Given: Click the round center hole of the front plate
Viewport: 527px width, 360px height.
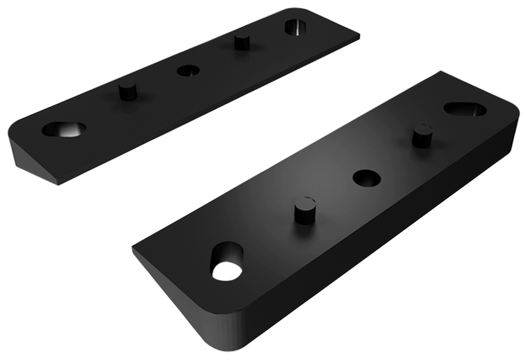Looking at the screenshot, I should point(367,177).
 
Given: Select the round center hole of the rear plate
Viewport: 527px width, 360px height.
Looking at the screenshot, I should point(188,71).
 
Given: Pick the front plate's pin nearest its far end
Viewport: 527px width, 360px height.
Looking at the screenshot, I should point(421,135).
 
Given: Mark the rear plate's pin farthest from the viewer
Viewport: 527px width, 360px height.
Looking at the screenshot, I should point(242,41).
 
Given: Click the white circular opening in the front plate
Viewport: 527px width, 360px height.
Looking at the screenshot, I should point(226,272).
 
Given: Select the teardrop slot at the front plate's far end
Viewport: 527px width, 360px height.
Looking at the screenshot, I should point(465,108).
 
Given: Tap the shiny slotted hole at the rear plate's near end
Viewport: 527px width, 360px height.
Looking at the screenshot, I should point(63,129).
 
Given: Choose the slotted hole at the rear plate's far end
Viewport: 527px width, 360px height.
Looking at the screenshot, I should point(295,26).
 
